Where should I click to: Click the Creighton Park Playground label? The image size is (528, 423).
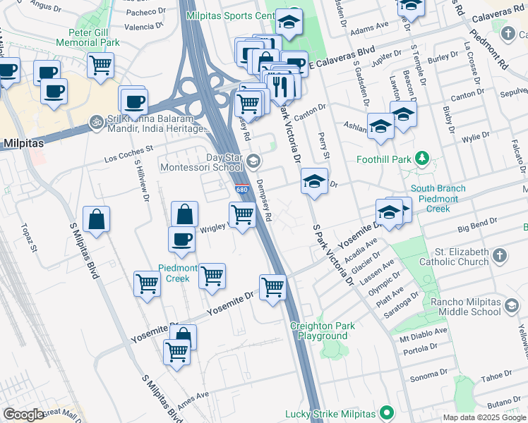tap(322, 331)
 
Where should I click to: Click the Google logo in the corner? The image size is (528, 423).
tap(23, 415)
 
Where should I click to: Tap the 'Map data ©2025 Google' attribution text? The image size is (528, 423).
tap(484, 417)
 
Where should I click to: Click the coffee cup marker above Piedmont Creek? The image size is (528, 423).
tap(181, 238)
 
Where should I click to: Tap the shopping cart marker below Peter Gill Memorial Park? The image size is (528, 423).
tap(101, 65)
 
